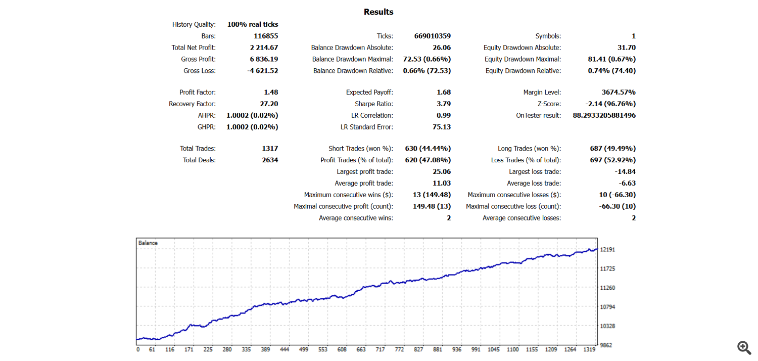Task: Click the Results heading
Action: tap(378, 12)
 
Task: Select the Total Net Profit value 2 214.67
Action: tap(264, 48)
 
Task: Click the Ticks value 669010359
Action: tap(433, 36)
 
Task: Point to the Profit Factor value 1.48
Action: tap(271, 92)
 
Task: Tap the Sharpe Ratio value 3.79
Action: tap(444, 104)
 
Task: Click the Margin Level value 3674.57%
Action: tap(619, 92)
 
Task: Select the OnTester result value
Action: tap(604, 115)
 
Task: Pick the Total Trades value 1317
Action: tap(270, 149)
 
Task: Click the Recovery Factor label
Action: tap(192, 104)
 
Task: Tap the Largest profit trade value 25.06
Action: tap(442, 172)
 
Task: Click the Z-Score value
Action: tap(610, 104)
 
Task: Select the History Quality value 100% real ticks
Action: tap(253, 24)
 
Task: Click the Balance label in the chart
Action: tap(148, 243)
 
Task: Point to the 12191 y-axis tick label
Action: tap(607, 250)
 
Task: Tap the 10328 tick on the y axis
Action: tap(607, 326)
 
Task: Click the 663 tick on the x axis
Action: tap(361, 349)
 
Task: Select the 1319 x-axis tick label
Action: tap(589, 349)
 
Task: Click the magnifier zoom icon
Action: tap(744, 348)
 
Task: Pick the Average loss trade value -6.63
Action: tap(628, 183)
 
